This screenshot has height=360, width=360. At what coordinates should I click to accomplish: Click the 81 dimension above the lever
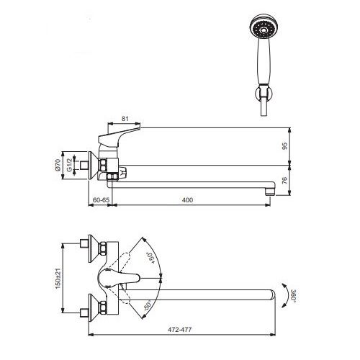coord(125,119)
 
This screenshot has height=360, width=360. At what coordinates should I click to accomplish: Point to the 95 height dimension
coord(284,146)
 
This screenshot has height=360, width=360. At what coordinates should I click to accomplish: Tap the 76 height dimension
coord(284,181)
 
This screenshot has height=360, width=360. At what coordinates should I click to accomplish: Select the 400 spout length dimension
coord(188,199)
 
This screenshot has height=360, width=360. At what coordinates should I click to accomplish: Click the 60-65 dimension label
coord(101,199)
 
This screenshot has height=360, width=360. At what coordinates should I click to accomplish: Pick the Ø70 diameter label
coord(58,165)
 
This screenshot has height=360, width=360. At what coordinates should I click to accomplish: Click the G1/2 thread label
coord(69,165)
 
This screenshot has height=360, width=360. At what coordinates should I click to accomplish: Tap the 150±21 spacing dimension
coord(58,278)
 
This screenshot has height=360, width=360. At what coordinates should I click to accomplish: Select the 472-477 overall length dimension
coord(180,330)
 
